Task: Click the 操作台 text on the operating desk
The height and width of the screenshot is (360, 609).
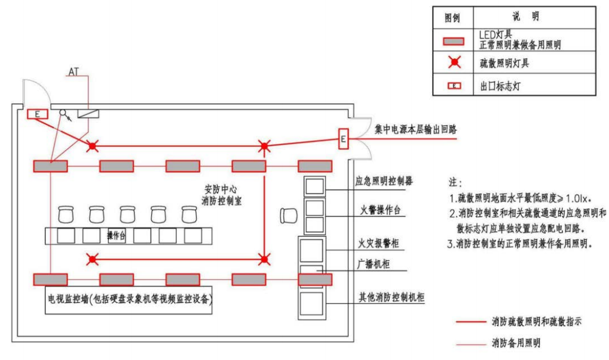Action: [x=117, y=236]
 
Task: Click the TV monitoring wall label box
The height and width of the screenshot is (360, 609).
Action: [x=128, y=300]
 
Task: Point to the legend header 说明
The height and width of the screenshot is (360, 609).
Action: [x=526, y=17]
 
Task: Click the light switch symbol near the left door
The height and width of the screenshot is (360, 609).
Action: [x=65, y=115]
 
